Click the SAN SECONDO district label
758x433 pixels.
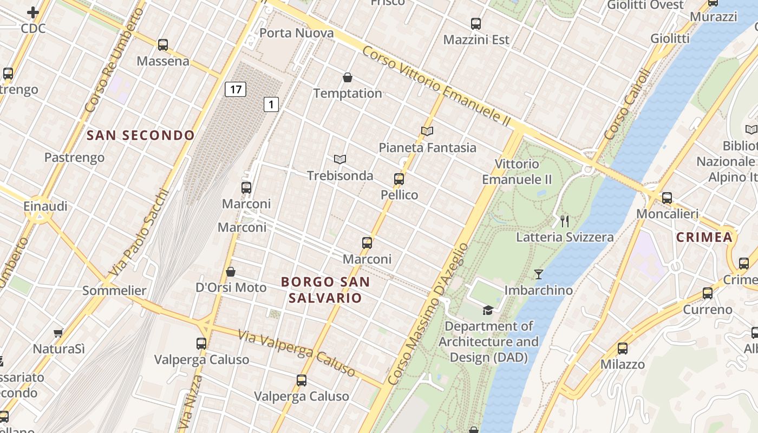pos(141,135)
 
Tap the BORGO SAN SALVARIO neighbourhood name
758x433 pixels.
pos(325,290)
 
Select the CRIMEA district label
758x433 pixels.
pos(704,237)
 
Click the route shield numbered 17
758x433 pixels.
pos(236,89)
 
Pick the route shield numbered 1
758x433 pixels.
pos(271,104)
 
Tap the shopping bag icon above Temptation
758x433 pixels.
pos(348,77)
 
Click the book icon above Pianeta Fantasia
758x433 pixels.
pos(427,131)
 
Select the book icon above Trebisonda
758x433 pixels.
pos(340,159)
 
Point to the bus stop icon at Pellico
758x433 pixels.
pos(399,179)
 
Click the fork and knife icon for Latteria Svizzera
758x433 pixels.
pos(565,221)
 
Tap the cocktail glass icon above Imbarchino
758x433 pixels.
pos(538,274)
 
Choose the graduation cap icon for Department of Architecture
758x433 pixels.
pos(488,310)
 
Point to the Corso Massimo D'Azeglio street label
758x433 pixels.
pos(428,314)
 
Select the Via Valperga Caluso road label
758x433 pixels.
pos(297,353)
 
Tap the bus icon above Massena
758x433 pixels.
pos(163,45)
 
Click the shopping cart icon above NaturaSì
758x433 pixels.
pos(58,333)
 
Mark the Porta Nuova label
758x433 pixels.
pos(297,33)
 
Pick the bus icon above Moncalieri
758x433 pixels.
pos(667,198)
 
